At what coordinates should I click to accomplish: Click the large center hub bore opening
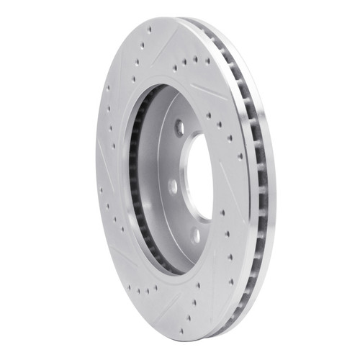201,176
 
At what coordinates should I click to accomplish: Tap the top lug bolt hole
179,128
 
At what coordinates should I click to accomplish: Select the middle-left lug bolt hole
173,186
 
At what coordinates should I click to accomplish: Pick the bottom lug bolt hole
195,234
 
